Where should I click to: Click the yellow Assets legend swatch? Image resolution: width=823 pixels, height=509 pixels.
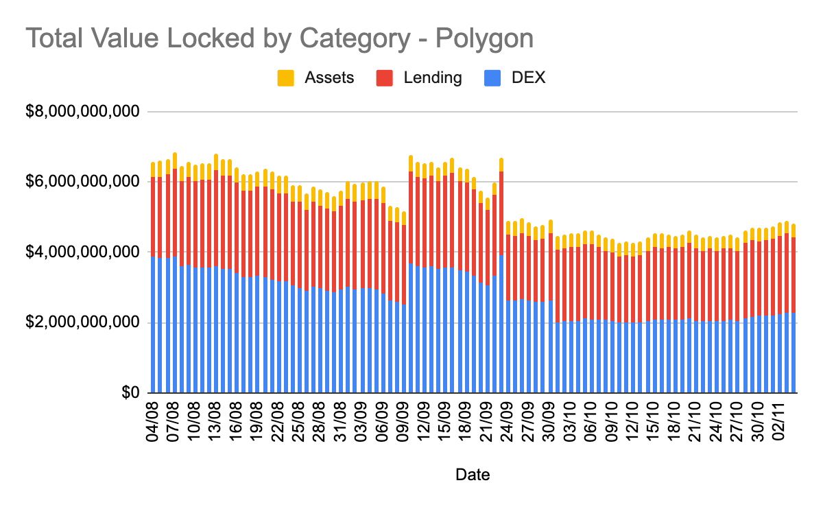point(286,78)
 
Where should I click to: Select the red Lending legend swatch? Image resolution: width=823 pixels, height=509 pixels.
point(385,78)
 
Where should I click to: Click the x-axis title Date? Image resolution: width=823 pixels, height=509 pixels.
point(473,474)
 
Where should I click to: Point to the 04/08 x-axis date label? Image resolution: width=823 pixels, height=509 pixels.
point(153,423)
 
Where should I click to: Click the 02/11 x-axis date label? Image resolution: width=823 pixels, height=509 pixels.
point(785,423)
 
